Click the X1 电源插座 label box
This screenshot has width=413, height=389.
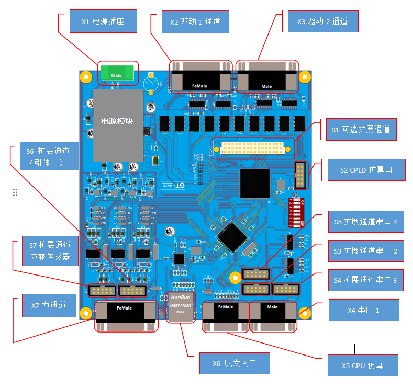pyautogui.click(x=103, y=22)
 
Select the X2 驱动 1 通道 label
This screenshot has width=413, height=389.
pyautogui.click(x=195, y=22)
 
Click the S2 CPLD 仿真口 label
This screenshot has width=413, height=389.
pyautogui.click(x=365, y=170)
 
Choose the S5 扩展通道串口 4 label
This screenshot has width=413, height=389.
pyautogui.click(x=365, y=221)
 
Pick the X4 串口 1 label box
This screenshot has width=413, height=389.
pyautogui.click(x=363, y=310)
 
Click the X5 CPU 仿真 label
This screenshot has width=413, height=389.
pyautogui.click(x=363, y=365)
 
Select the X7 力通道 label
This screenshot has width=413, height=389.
pyautogui.click(x=48, y=305)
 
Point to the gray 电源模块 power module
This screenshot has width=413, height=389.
pyautogui.click(x=118, y=124)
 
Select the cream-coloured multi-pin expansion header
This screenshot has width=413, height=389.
pyautogui.click(x=253, y=149)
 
